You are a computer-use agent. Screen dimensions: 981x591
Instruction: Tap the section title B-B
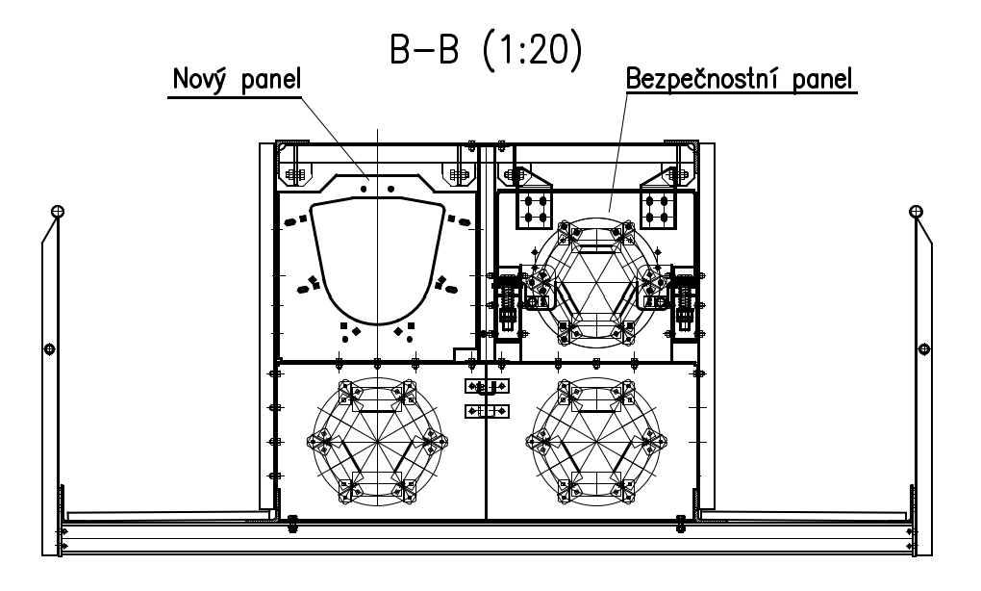[x=424, y=49]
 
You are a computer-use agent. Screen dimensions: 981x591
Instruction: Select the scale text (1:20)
[x=533, y=50]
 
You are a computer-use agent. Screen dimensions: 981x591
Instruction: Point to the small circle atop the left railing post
[x=57, y=211]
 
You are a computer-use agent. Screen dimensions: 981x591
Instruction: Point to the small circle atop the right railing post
[x=916, y=211]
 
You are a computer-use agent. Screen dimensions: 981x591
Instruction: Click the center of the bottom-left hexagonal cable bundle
[x=377, y=442]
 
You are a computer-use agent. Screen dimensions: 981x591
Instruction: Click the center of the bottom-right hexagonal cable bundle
[x=596, y=442]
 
